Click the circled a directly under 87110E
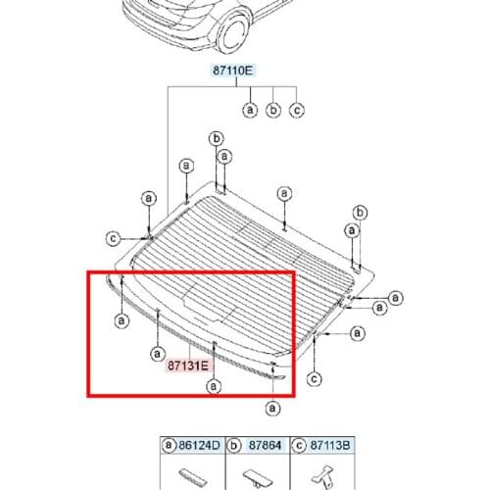pos(251,110)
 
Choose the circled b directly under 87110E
pos(274,110)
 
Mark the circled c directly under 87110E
pos(298,110)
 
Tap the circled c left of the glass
pos(114,237)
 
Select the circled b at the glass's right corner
pos(360,213)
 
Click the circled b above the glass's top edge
pos(217,138)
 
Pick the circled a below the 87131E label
pos(213,386)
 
